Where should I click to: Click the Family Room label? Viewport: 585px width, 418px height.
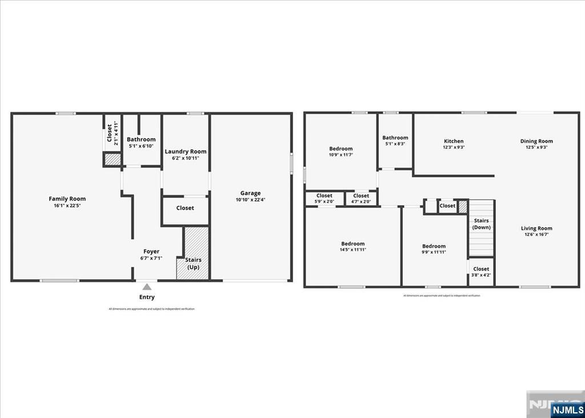point(67,199)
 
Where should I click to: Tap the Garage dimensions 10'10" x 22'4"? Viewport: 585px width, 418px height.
point(250,200)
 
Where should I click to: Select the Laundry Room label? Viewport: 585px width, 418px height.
point(186,152)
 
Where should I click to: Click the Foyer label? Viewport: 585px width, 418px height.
point(151,252)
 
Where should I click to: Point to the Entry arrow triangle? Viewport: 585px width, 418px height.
point(147,286)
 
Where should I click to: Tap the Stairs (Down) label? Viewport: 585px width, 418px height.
point(481,224)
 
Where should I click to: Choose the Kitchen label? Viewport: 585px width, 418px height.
point(454,141)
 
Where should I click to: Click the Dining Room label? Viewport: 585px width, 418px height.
point(536,141)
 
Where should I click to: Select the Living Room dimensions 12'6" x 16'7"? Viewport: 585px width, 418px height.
point(536,234)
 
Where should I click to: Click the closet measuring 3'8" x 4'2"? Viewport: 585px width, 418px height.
point(481,272)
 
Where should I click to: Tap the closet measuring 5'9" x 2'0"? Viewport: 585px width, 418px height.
point(324,198)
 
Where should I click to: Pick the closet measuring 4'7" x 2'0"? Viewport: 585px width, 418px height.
point(361,198)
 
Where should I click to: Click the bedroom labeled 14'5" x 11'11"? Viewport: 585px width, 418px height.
point(352,246)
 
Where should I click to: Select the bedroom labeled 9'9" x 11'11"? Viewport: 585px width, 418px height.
point(434,249)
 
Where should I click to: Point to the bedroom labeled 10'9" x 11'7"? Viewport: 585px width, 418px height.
point(340,152)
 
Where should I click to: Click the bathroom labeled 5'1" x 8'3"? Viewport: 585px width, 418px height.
point(395,140)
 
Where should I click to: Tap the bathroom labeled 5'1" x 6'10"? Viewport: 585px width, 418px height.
point(141,142)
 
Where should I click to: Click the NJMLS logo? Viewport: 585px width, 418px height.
point(567,409)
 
